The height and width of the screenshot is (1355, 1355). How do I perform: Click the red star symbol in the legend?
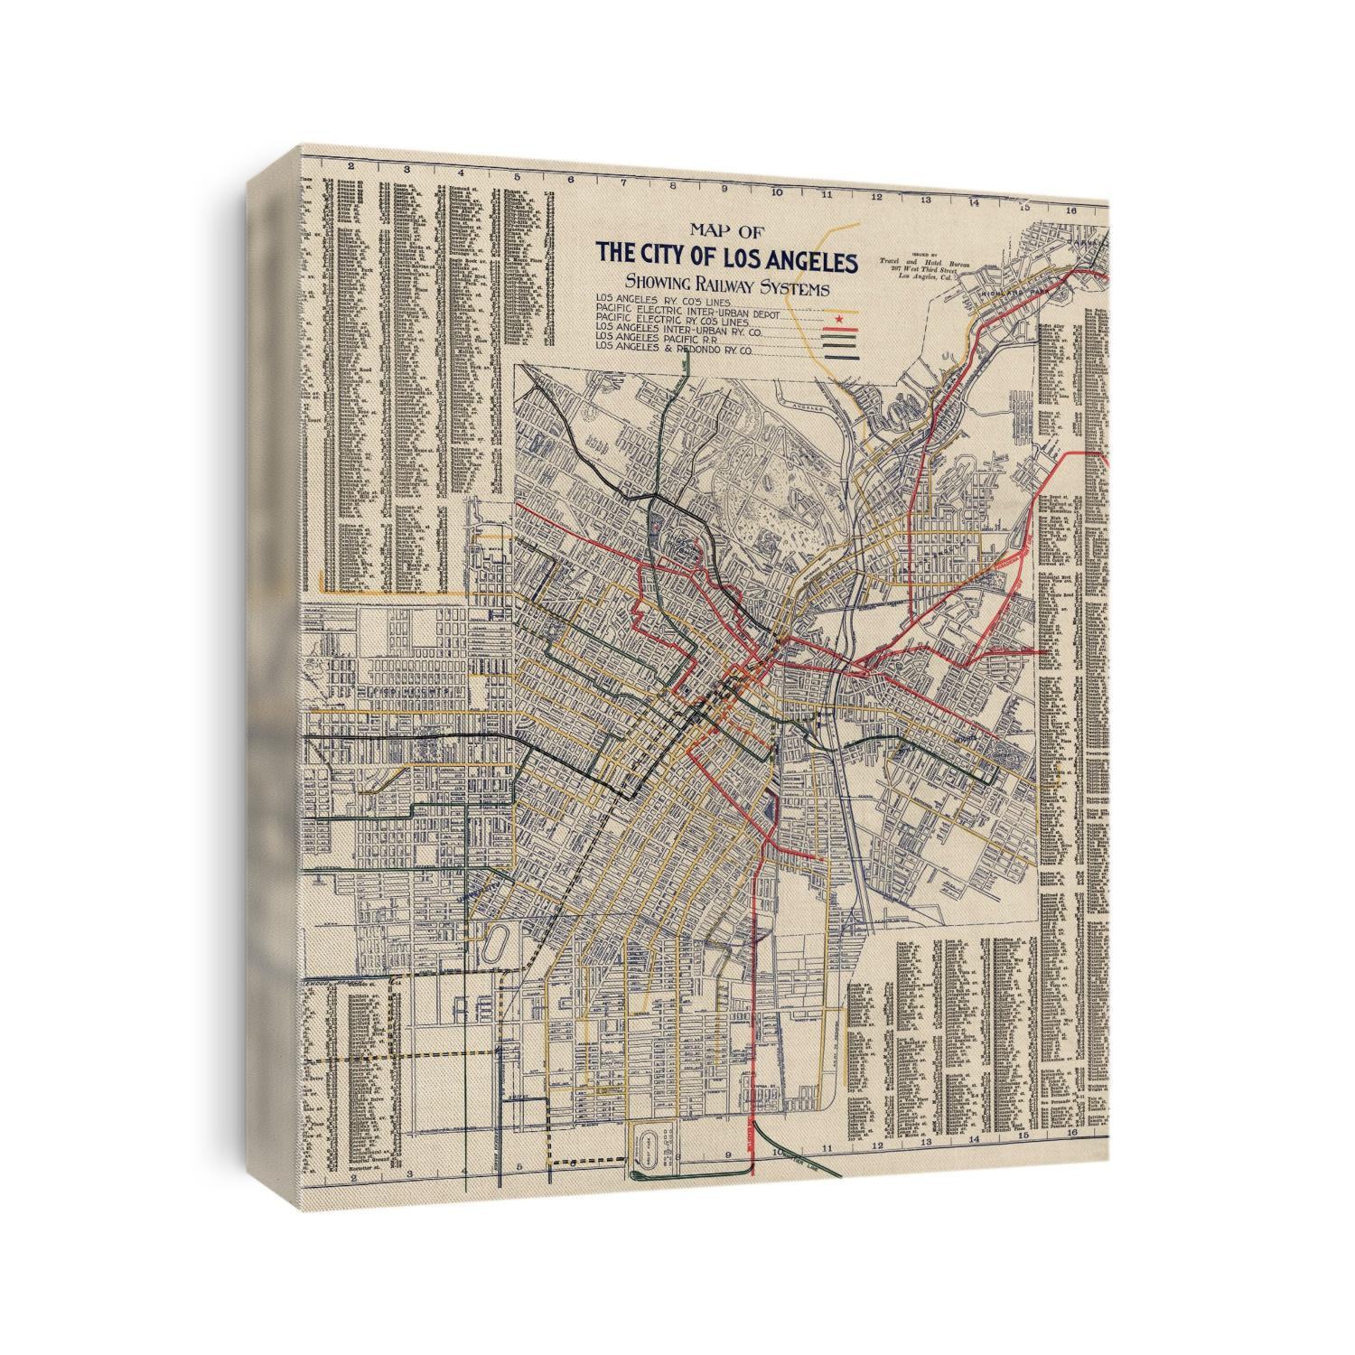pos(841,319)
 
